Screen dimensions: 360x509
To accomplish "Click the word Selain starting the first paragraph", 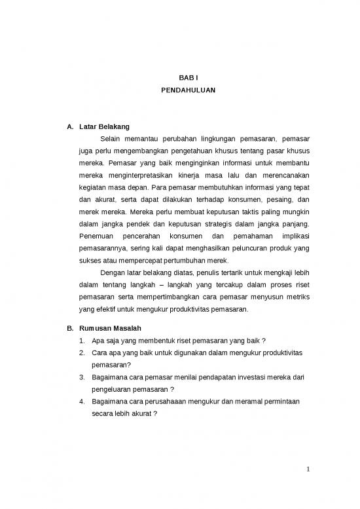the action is coord(111,139).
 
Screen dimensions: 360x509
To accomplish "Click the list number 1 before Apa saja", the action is coord(81,341).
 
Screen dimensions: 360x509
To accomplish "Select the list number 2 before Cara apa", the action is coord(81,353).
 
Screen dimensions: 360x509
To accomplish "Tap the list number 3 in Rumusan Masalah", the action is coord(81,378).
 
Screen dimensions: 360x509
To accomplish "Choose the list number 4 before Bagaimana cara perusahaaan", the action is coord(81,402).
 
